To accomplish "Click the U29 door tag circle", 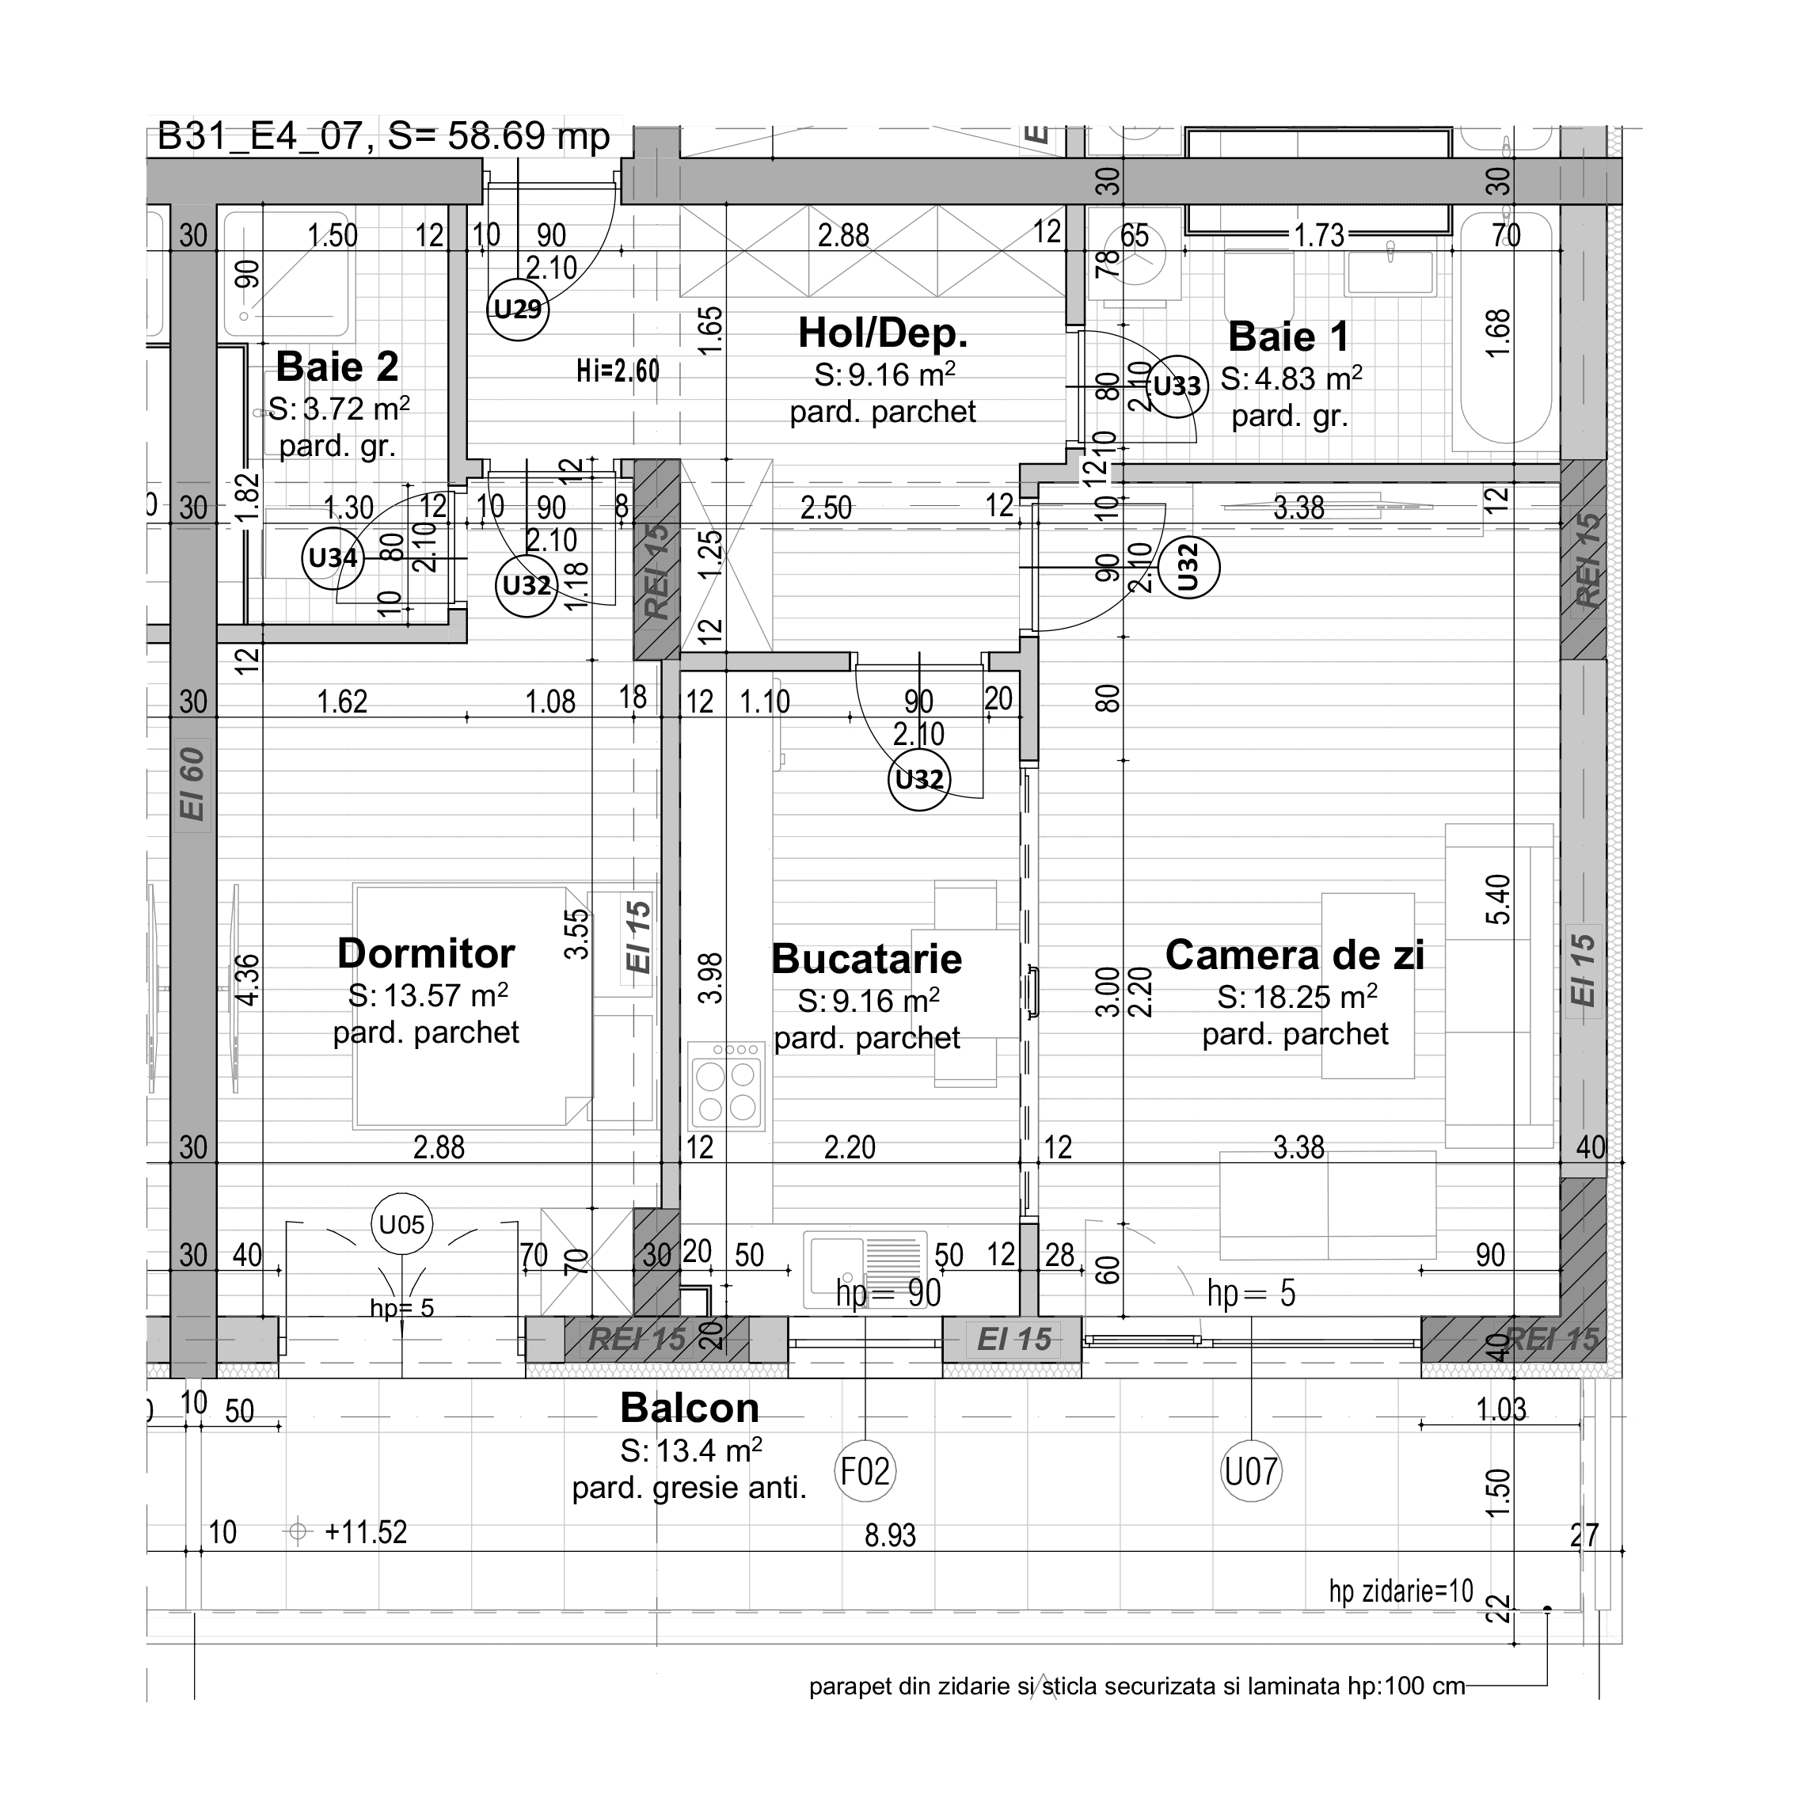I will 517,310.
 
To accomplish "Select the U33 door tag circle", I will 1177,385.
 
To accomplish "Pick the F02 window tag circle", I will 865,1471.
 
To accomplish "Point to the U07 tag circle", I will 1251,1471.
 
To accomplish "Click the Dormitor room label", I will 425,953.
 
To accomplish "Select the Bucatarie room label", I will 866,959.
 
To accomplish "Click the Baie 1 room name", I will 1288,336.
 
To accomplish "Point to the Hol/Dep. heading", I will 883,333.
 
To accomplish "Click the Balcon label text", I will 689,1408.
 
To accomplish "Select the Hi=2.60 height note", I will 617,371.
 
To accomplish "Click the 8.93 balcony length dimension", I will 890,1535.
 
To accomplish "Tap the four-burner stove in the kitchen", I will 726,1085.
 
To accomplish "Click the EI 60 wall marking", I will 192,783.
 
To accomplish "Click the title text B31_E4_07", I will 259,136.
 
